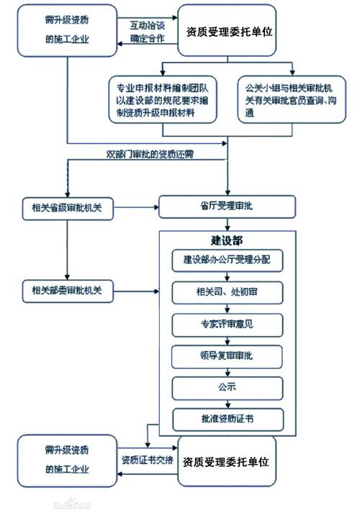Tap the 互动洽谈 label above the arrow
click(147, 24)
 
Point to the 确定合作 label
click(147, 38)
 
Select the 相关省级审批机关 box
click(67, 207)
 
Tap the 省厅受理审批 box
click(227, 207)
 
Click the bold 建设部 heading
click(227, 240)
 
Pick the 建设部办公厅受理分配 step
click(227, 258)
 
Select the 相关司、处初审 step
click(227, 291)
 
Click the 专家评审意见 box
click(227, 324)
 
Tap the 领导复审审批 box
click(227, 356)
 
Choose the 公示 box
click(227, 388)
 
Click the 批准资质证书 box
click(227, 419)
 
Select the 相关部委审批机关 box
click(67, 291)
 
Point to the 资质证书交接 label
click(147, 460)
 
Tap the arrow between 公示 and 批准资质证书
click(227, 404)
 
